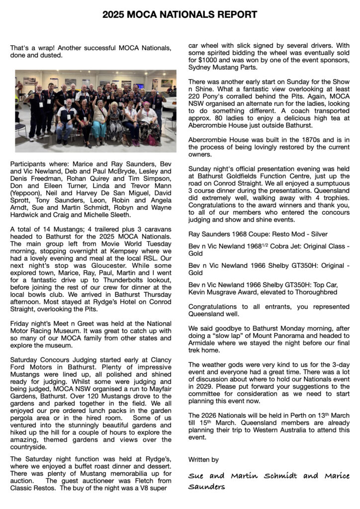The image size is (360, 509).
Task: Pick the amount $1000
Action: (205, 60)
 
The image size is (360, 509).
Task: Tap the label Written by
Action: (203, 459)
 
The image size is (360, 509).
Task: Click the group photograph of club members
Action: (95, 111)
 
